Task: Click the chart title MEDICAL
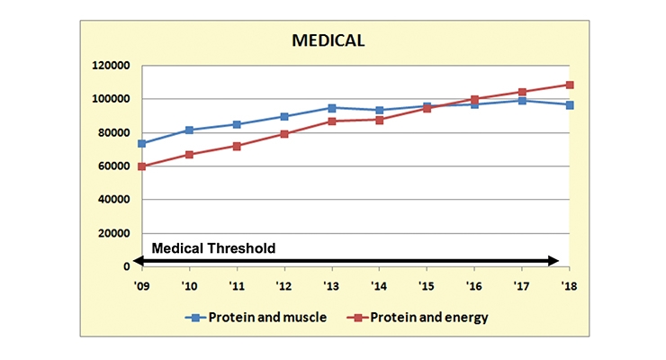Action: pyautogui.click(x=328, y=40)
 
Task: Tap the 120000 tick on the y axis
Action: pyautogui.click(x=111, y=66)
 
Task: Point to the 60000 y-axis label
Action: pyautogui.click(x=113, y=166)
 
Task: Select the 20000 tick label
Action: pyautogui.click(x=113, y=233)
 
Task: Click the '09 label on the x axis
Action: pyautogui.click(x=141, y=286)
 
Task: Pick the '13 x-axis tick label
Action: pyautogui.click(x=331, y=286)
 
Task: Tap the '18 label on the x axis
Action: pyautogui.click(x=569, y=286)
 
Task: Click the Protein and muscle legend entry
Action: pyautogui.click(x=256, y=317)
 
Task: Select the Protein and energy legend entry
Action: pyautogui.click(x=418, y=317)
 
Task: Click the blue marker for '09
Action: pyautogui.click(x=142, y=143)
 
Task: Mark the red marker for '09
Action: pyautogui.click(x=142, y=166)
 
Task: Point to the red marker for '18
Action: pyautogui.click(x=570, y=85)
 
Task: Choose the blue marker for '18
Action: pyautogui.click(x=570, y=105)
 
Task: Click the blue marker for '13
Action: pyautogui.click(x=332, y=108)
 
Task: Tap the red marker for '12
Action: pyautogui.click(x=284, y=134)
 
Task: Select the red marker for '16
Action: pyautogui.click(x=474, y=99)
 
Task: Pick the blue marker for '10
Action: pyautogui.click(x=189, y=130)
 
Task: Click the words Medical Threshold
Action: pyautogui.click(x=213, y=247)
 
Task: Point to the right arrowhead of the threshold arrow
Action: pyautogui.click(x=553, y=261)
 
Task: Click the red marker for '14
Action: pyautogui.click(x=379, y=120)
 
